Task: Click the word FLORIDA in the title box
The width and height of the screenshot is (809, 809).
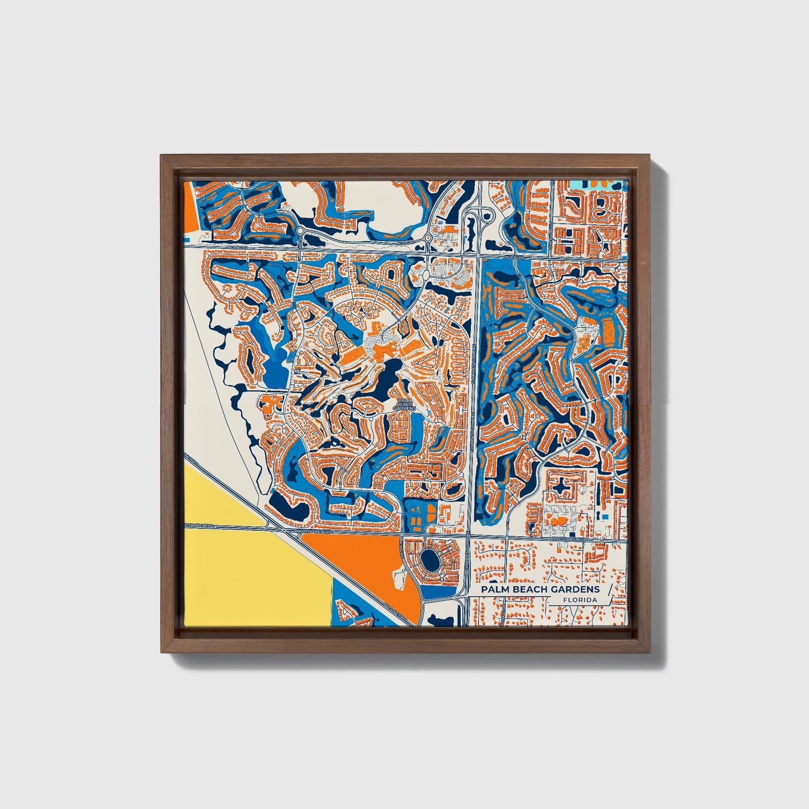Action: point(580,600)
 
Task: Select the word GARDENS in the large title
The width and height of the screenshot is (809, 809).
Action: point(576,590)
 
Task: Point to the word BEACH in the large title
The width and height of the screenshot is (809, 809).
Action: point(530,590)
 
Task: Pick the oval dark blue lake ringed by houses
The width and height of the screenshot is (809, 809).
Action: point(430,558)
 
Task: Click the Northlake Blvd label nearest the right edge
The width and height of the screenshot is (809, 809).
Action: point(568,539)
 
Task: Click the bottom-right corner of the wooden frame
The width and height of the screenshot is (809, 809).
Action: point(649,652)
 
